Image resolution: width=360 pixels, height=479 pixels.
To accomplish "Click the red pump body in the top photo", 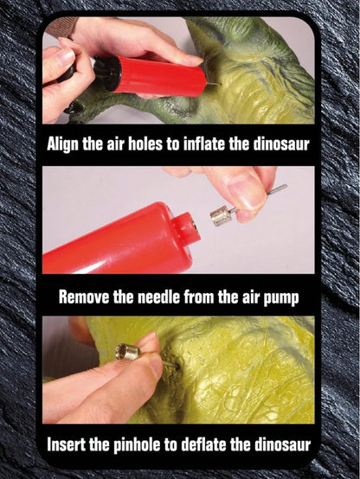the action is [x=158, y=76].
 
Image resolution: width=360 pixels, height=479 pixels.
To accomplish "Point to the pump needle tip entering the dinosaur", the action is [x=219, y=84].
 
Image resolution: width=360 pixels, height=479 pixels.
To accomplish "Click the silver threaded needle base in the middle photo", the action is [x=220, y=215].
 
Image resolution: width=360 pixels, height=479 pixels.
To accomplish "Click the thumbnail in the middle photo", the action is [x=247, y=192].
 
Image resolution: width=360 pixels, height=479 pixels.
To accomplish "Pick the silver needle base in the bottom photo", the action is [x=128, y=351].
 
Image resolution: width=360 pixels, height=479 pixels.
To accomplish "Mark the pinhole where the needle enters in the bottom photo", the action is [x=177, y=365].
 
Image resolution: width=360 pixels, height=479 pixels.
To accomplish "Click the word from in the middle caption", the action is [x=197, y=297].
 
